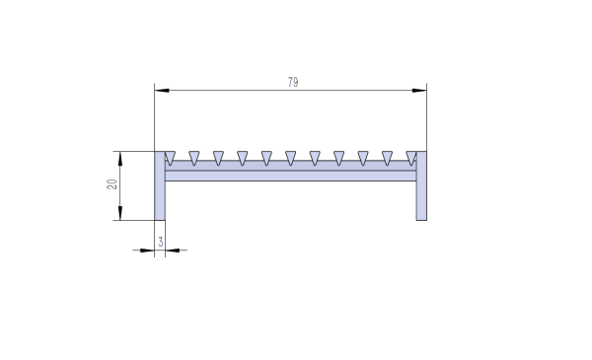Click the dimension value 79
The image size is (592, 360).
coord(293,83)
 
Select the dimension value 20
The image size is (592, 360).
coord(112,184)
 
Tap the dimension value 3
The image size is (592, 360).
coord(159,240)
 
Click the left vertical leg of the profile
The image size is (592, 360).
coord(159,192)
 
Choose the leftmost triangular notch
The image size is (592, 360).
coord(171,157)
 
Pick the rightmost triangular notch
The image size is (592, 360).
coord(410,157)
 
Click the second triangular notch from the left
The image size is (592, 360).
coord(194,157)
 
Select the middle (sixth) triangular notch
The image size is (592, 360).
coord(291,157)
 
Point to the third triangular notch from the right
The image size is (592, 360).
coord(363,157)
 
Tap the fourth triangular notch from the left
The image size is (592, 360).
coord(243,157)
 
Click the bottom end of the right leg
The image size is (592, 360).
coord(421,218)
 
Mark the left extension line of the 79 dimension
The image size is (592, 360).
coord(155,118)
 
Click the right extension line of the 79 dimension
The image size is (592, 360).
coord(426,118)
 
